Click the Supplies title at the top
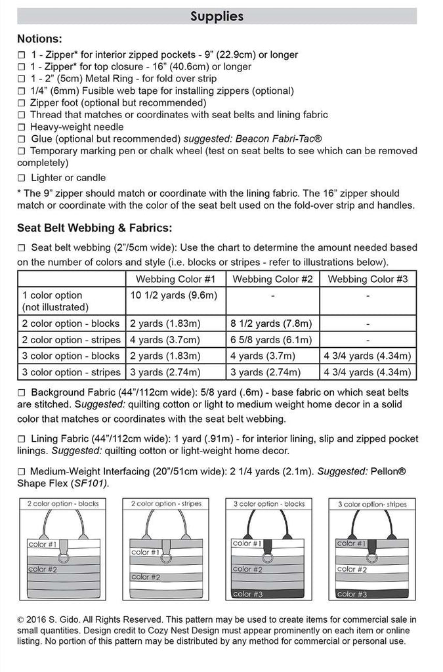point(217,16)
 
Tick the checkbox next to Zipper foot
point(22,103)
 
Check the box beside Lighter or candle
point(22,178)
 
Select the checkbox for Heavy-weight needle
point(22,127)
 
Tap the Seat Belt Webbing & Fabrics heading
point(95,228)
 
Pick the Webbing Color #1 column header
point(175,279)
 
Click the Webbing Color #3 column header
point(368,279)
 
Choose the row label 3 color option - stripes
point(72,372)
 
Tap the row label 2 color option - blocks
point(71,323)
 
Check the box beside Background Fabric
point(22,392)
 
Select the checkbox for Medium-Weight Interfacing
point(22,471)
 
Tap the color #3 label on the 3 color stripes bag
point(352,594)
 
